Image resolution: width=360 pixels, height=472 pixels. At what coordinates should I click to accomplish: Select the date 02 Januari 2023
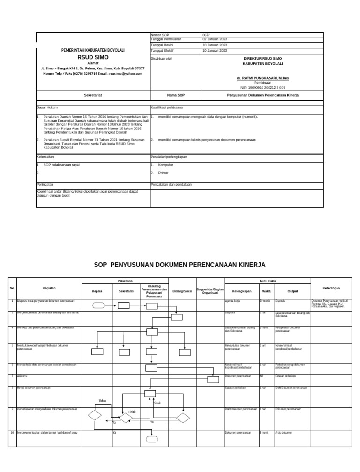pyautogui.click(x=214, y=39)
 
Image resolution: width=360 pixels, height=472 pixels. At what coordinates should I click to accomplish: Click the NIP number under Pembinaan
pyautogui.click(x=262, y=87)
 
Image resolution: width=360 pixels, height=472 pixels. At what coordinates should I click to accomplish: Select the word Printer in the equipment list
pyautogui.click(x=164, y=173)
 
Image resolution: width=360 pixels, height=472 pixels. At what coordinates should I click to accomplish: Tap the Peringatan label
pyautogui.click(x=45, y=184)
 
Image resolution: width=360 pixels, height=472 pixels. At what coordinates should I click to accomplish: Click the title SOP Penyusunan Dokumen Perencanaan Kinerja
pyautogui.click(x=180, y=265)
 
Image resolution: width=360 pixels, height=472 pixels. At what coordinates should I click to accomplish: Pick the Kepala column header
pyautogui.click(x=97, y=291)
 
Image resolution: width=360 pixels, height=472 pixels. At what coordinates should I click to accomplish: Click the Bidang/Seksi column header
pyautogui.click(x=182, y=291)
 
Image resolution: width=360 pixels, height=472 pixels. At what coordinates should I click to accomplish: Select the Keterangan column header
pyautogui.click(x=331, y=288)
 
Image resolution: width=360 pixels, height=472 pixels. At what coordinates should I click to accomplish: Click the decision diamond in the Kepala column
pyautogui.click(x=94, y=415)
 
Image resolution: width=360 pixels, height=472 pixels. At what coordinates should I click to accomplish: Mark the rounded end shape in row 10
pyautogui.click(x=152, y=440)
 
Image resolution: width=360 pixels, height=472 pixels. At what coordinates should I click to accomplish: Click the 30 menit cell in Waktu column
pyautogui.click(x=264, y=301)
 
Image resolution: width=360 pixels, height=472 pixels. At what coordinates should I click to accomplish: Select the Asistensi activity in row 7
pyautogui.click(x=22, y=376)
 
